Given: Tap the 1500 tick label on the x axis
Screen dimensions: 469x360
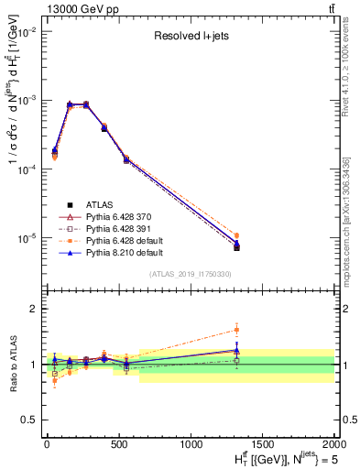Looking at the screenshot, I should click(x=262, y=443).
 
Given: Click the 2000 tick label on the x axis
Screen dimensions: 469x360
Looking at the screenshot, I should click(x=333, y=443).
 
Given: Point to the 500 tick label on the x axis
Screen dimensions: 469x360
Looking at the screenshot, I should click(x=118, y=443).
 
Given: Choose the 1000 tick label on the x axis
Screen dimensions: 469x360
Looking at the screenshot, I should click(x=191, y=443).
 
